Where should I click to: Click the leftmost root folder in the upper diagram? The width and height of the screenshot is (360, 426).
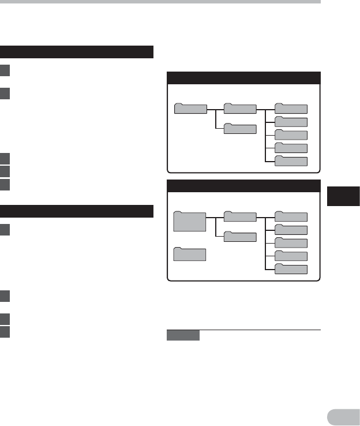coord(190,108)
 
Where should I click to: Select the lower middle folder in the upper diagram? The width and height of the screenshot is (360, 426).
coord(240,129)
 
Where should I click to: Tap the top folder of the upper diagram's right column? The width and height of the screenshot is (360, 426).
coord(291,108)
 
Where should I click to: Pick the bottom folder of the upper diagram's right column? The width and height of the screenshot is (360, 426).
coord(291,161)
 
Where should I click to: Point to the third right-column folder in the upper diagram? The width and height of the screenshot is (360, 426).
coord(291,134)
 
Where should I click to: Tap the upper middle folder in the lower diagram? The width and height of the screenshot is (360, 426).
coord(240,216)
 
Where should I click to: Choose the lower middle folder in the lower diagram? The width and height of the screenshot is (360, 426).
coord(240,237)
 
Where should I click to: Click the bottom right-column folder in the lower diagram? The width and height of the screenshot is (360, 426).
coord(291,269)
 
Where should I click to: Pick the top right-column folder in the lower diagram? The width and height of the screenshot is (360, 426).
coord(291,216)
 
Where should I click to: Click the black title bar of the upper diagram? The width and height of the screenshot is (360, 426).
coord(243,78)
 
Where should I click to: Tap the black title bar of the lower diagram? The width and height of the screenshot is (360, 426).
coord(243,186)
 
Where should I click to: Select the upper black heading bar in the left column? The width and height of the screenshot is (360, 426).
coord(77,52)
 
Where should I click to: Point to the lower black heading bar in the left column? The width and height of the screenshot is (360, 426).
coord(77,211)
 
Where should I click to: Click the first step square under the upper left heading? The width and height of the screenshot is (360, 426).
coord(5,71)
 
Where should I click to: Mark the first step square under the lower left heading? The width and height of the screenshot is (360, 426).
coord(5,230)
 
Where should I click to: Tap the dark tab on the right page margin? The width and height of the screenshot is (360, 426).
coord(343,196)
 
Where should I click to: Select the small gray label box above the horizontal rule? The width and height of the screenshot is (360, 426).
coord(183,335)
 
